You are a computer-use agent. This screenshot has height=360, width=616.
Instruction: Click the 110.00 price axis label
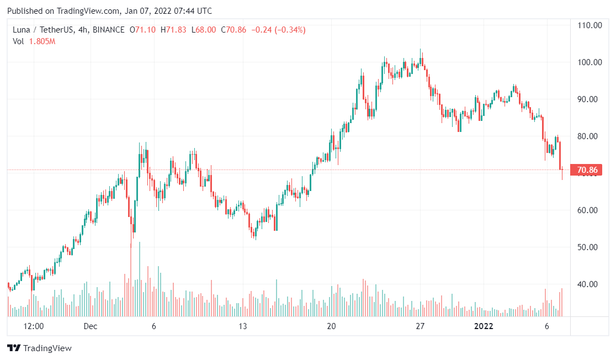coord(590,25)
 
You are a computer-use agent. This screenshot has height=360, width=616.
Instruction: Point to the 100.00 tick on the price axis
coord(590,62)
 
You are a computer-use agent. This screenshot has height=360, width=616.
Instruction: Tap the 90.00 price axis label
coord(590,99)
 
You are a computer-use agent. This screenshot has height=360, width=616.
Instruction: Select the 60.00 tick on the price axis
coord(590,210)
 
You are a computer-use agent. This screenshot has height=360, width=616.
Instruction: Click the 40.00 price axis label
coord(590,284)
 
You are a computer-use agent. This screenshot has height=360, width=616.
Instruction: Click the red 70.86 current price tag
coord(588,170)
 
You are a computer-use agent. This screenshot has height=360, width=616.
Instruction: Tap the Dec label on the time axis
coord(91,326)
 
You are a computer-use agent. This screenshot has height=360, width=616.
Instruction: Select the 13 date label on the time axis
coord(243,326)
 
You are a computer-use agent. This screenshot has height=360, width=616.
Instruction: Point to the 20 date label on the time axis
coord(331,326)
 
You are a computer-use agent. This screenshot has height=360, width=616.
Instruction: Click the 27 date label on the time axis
coord(420,326)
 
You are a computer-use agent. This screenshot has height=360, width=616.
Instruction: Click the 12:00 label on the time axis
coord(34,326)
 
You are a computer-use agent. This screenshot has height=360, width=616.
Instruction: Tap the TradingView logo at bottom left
coord(39,348)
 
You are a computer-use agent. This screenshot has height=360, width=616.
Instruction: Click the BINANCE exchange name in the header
coord(109,30)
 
